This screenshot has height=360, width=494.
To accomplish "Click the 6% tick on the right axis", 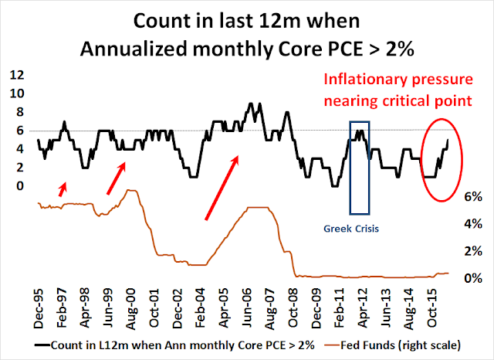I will coord(472,197).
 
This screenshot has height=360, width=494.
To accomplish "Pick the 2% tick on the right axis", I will coord(472,251).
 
